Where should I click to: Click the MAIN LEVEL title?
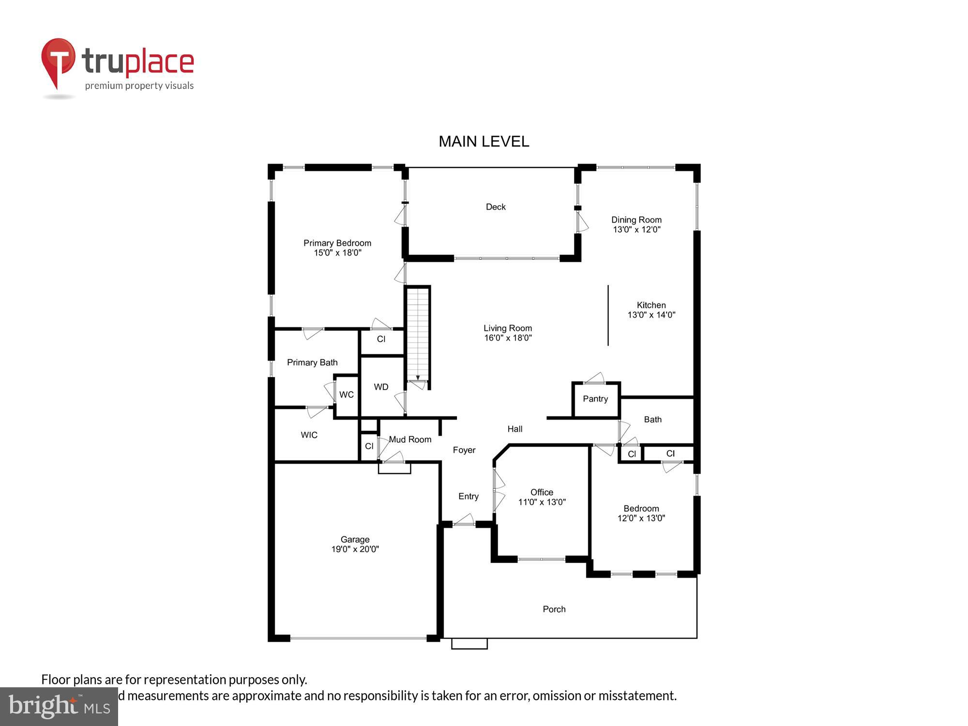[484, 141]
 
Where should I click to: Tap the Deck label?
[496, 207]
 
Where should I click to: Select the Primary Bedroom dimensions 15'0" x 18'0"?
[337, 253]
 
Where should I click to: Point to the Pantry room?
[595, 399]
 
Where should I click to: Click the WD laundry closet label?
[381, 387]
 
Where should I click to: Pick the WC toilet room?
[346, 395]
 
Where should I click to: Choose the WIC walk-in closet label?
[309, 435]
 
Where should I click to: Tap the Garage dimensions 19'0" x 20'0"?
[355, 549]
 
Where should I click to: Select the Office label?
[542, 492]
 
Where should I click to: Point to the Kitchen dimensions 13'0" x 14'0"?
[651, 315]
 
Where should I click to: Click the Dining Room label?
[636, 220]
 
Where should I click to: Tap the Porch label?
[554, 609]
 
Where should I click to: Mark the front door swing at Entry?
[464, 520]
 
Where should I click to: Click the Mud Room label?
[410, 439]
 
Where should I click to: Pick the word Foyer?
[464, 450]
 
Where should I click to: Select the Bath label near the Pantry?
[652, 420]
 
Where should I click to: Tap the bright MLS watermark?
[59, 707]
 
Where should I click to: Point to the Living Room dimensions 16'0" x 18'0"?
[508, 338]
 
